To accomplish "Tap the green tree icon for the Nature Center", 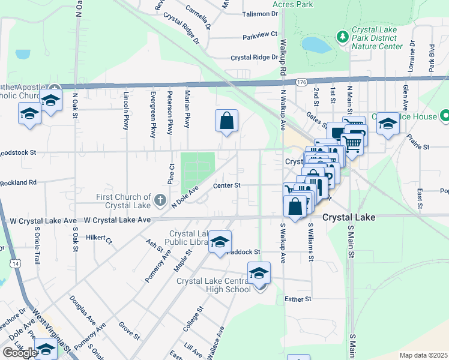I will (343, 37).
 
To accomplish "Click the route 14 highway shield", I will (13, 263).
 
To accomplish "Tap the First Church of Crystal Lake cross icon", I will (160, 199).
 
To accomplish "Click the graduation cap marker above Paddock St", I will (220, 241).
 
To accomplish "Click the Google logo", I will (20, 352).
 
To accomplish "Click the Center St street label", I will (227, 186).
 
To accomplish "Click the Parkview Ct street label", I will (260, 35).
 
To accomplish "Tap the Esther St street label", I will (298, 299).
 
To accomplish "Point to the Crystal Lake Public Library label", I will (188, 238).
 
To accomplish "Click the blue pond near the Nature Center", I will (316, 44).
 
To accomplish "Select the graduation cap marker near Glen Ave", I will (388, 123).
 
